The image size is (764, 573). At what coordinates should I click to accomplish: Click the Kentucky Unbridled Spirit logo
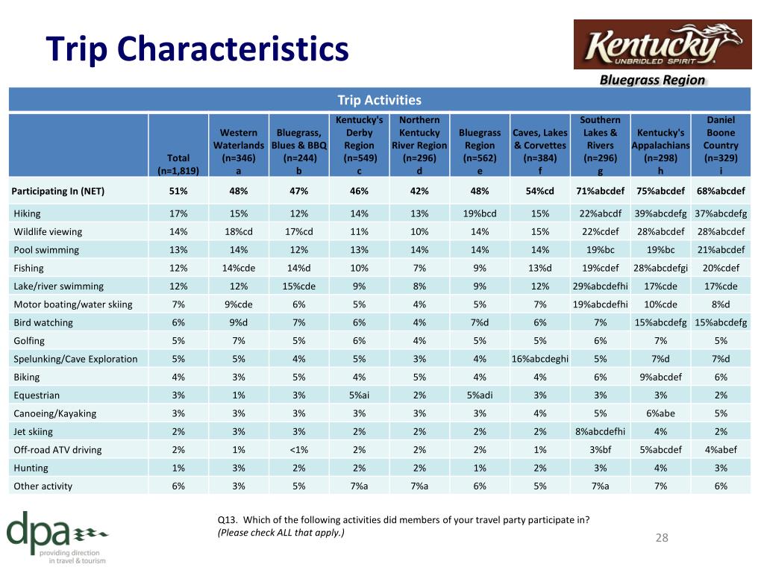pos(663,44)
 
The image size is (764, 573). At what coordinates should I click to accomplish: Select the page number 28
pos(662,537)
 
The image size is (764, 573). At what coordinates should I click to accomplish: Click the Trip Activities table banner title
pos(380,100)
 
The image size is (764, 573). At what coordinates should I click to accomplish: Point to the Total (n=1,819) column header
pos(178,164)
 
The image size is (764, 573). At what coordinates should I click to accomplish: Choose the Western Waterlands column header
pos(239,151)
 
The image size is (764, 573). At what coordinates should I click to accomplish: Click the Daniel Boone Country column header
pos(721,145)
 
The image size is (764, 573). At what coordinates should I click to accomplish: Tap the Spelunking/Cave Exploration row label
pos(75,359)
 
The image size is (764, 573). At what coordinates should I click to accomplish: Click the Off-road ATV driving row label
pos(57,450)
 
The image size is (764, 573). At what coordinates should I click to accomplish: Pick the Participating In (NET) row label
pos(58,191)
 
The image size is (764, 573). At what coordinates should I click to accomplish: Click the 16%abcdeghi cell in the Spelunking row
pos(540,359)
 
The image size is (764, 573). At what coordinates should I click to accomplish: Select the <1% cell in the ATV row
pos(298,450)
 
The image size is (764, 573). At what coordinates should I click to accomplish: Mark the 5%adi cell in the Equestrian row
pos(480,395)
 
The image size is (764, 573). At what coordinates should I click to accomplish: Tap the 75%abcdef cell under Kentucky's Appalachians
pos(660,191)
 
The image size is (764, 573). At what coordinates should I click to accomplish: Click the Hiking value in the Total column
pos(178,213)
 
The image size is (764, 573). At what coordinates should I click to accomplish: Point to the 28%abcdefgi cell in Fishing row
pos(660,268)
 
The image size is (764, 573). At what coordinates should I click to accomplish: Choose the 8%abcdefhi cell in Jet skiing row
pos(601,432)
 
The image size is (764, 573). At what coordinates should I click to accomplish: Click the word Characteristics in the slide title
pos(233,48)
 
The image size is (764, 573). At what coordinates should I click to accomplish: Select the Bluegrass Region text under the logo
pos(652,80)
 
